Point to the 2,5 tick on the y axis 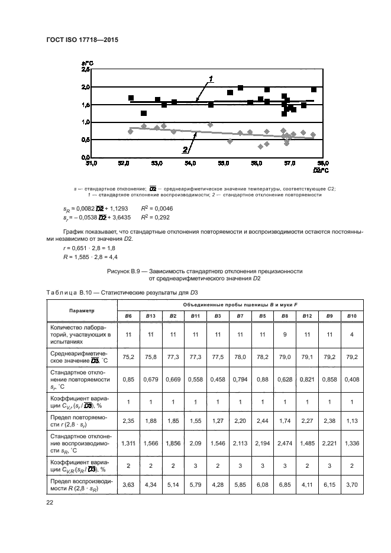point(85,69)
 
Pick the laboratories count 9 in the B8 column point(285,334)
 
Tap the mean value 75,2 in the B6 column point(127,357)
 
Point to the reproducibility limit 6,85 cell point(285,484)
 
